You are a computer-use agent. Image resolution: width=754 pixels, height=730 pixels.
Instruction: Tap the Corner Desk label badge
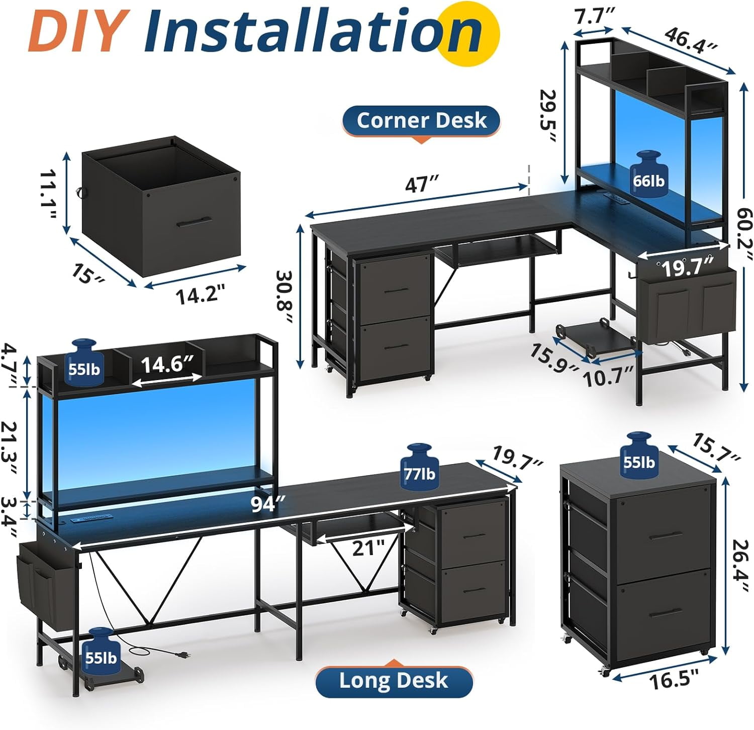[x=421, y=121]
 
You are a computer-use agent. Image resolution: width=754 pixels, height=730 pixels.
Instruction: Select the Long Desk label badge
[x=394, y=681]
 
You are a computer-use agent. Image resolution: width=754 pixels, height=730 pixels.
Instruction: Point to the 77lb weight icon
[x=420, y=466]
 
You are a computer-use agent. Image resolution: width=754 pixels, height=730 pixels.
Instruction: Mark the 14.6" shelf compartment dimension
[x=167, y=365]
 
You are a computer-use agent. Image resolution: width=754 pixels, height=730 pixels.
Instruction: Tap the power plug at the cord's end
[x=182, y=655]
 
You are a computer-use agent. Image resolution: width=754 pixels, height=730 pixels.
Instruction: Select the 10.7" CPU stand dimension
[x=608, y=377]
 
